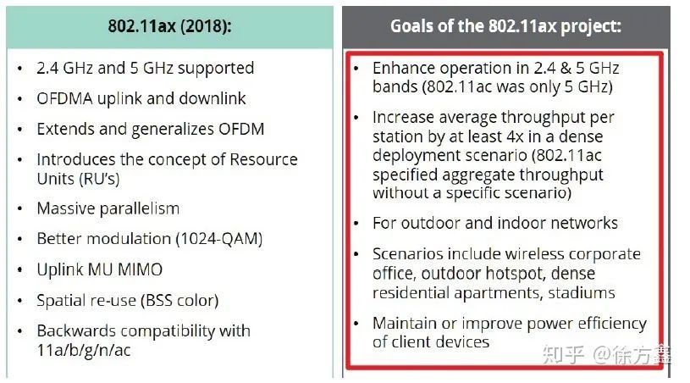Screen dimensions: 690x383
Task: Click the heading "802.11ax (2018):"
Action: [x=169, y=26]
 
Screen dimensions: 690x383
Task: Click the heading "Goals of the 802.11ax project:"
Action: [x=505, y=26]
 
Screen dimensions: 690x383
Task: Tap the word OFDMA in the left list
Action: [x=64, y=98]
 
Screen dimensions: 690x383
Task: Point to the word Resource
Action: [x=263, y=159]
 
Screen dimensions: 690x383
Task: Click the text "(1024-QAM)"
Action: [x=219, y=239]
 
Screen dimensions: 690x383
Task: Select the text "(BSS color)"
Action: [x=179, y=300]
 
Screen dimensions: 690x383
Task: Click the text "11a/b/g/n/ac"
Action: [x=84, y=351]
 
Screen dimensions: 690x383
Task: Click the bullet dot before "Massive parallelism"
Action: [x=19, y=209]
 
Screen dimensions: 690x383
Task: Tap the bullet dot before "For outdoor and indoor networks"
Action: [x=356, y=224]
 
